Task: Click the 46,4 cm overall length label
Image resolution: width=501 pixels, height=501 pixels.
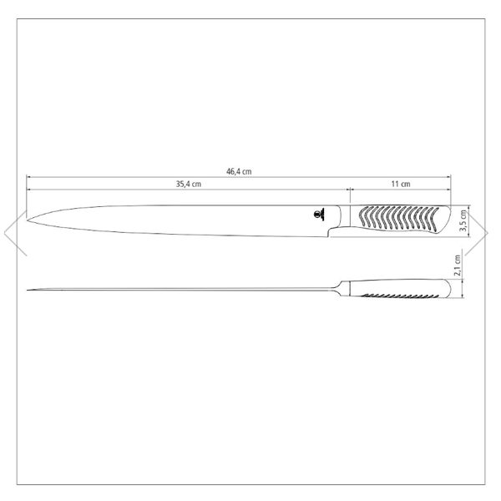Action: pos(239,171)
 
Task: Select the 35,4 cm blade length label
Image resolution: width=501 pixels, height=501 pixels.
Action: pos(189,184)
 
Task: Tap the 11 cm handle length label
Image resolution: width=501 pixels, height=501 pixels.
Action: pos(401,184)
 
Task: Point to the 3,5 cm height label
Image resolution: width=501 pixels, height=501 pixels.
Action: pos(463,221)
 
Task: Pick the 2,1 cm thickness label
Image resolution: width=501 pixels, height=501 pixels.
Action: pos(458,266)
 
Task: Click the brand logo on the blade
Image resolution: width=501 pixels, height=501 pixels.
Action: pos(319,214)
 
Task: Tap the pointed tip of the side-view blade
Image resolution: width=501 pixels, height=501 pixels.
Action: pos(28,220)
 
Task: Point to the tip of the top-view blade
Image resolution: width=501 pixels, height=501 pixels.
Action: pos(28,290)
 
